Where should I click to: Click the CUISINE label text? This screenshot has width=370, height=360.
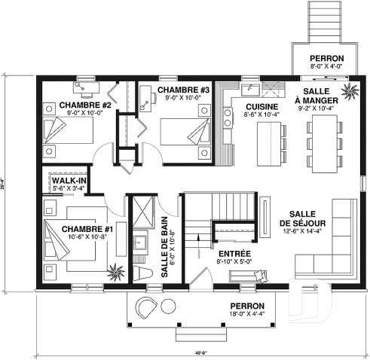(261, 107)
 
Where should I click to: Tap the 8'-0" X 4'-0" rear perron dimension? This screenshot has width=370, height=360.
(326, 66)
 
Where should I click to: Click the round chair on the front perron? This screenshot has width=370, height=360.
(146, 307)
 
